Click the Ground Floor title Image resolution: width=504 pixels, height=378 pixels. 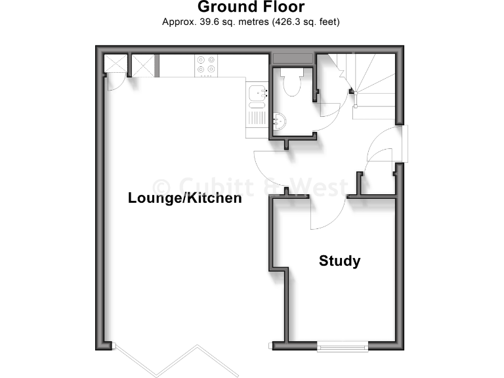pyautogui.click(x=251, y=8)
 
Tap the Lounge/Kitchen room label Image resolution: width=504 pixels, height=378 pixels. pyautogui.click(x=184, y=198)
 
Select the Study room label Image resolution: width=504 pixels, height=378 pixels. pyautogui.click(x=339, y=261)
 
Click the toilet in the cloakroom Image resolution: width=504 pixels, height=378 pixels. pyautogui.click(x=290, y=83)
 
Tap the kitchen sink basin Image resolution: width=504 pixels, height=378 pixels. pyautogui.click(x=258, y=94)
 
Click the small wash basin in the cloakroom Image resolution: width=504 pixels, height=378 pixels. pyautogui.click(x=280, y=121)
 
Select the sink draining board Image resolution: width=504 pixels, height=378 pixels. pyautogui.click(x=257, y=119)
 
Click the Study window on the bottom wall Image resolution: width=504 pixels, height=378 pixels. pyautogui.click(x=342, y=345)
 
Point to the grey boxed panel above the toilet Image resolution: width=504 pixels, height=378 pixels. pyautogui.click(x=293, y=58)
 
